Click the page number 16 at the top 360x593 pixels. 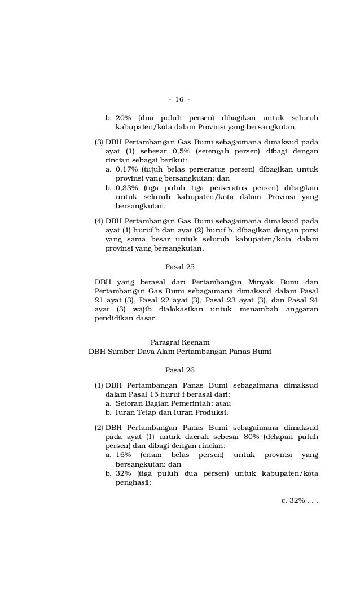click(179, 100)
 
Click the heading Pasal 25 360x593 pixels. click(179, 266)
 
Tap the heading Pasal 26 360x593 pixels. click(179, 370)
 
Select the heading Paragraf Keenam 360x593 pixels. click(180, 342)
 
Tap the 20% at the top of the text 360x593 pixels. click(124, 118)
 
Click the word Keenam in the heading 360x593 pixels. click(193, 342)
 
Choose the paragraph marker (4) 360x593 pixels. click(99, 221)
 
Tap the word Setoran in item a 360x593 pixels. click(130, 403)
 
